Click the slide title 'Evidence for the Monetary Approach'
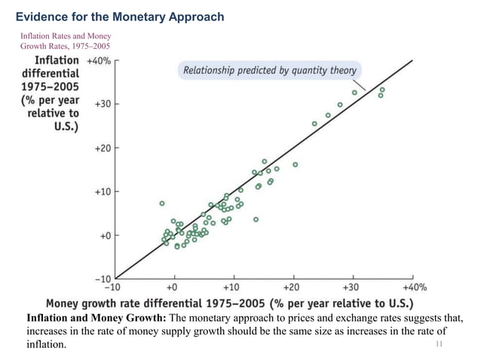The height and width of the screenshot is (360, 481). (120, 17)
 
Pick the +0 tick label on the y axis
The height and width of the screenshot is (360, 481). (106, 236)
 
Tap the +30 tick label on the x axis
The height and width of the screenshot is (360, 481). (351, 287)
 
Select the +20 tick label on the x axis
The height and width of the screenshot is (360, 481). (291, 287)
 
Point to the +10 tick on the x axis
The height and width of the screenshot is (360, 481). (232, 287)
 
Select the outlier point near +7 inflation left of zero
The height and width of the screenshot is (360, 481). (162, 203)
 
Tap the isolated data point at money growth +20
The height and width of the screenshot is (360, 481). (295, 164)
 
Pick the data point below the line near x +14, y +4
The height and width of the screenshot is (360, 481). (256, 219)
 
